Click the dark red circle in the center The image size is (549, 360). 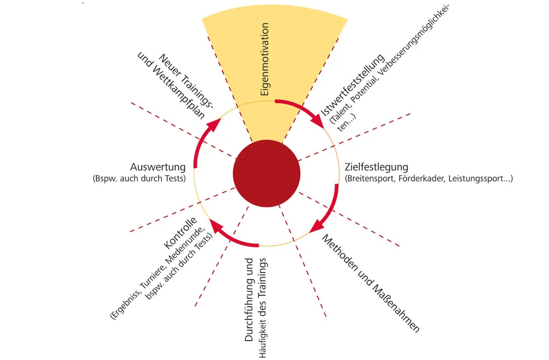click(x=266, y=173)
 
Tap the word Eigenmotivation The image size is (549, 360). click(x=265, y=60)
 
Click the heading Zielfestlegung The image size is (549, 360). click(x=376, y=167)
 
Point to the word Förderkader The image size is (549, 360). click(x=420, y=178)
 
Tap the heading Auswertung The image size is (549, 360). click(x=158, y=167)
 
